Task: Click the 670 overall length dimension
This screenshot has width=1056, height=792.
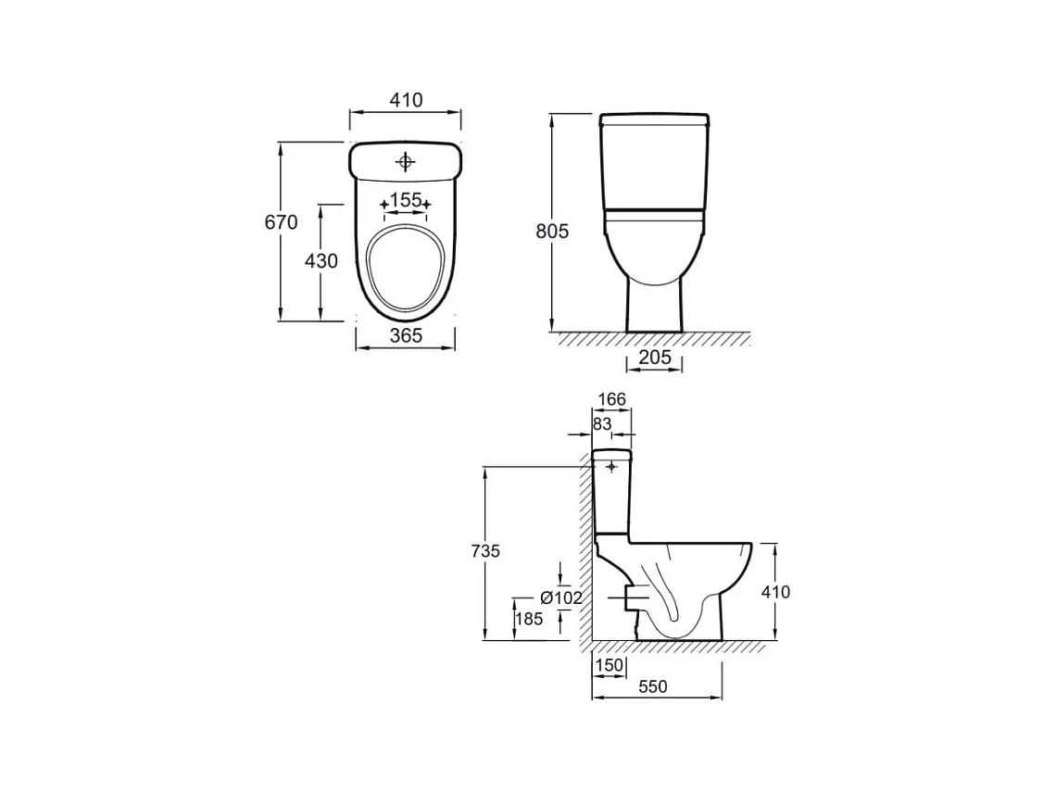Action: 281,222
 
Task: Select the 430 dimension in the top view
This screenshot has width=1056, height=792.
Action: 321,260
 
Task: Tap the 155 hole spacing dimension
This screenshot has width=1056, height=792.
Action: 406,200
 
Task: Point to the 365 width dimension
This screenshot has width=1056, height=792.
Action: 406,334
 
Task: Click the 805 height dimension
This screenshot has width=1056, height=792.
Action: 552,231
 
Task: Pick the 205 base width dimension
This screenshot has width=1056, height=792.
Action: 655,357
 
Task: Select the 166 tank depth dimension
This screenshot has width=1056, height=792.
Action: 611,399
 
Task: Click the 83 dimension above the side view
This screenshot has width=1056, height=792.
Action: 602,423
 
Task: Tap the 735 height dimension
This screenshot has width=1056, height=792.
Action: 485,551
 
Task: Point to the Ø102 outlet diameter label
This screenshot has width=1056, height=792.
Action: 561,597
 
